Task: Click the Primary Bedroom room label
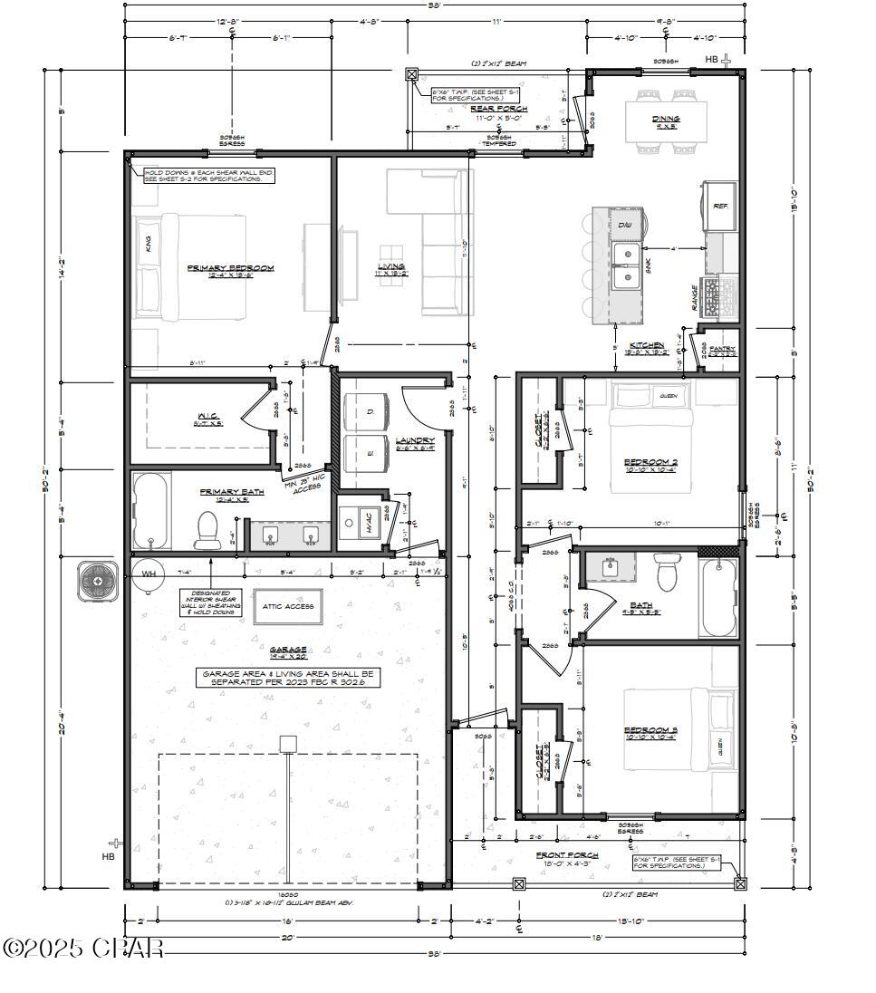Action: tap(230, 268)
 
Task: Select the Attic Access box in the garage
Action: tap(288, 606)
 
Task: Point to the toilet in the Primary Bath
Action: tap(207, 530)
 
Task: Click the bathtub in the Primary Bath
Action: tap(151, 511)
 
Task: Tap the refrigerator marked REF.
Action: tap(721, 207)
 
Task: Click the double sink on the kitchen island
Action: tap(624, 265)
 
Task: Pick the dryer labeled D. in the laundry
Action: tap(364, 411)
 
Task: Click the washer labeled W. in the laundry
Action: tap(364, 454)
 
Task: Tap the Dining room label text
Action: tap(666, 119)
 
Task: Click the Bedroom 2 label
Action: tap(650, 462)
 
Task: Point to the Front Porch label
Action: tap(567, 854)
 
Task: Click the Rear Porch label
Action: tap(498, 109)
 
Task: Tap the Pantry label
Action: tap(722, 349)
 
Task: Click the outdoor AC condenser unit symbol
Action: tap(97, 580)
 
